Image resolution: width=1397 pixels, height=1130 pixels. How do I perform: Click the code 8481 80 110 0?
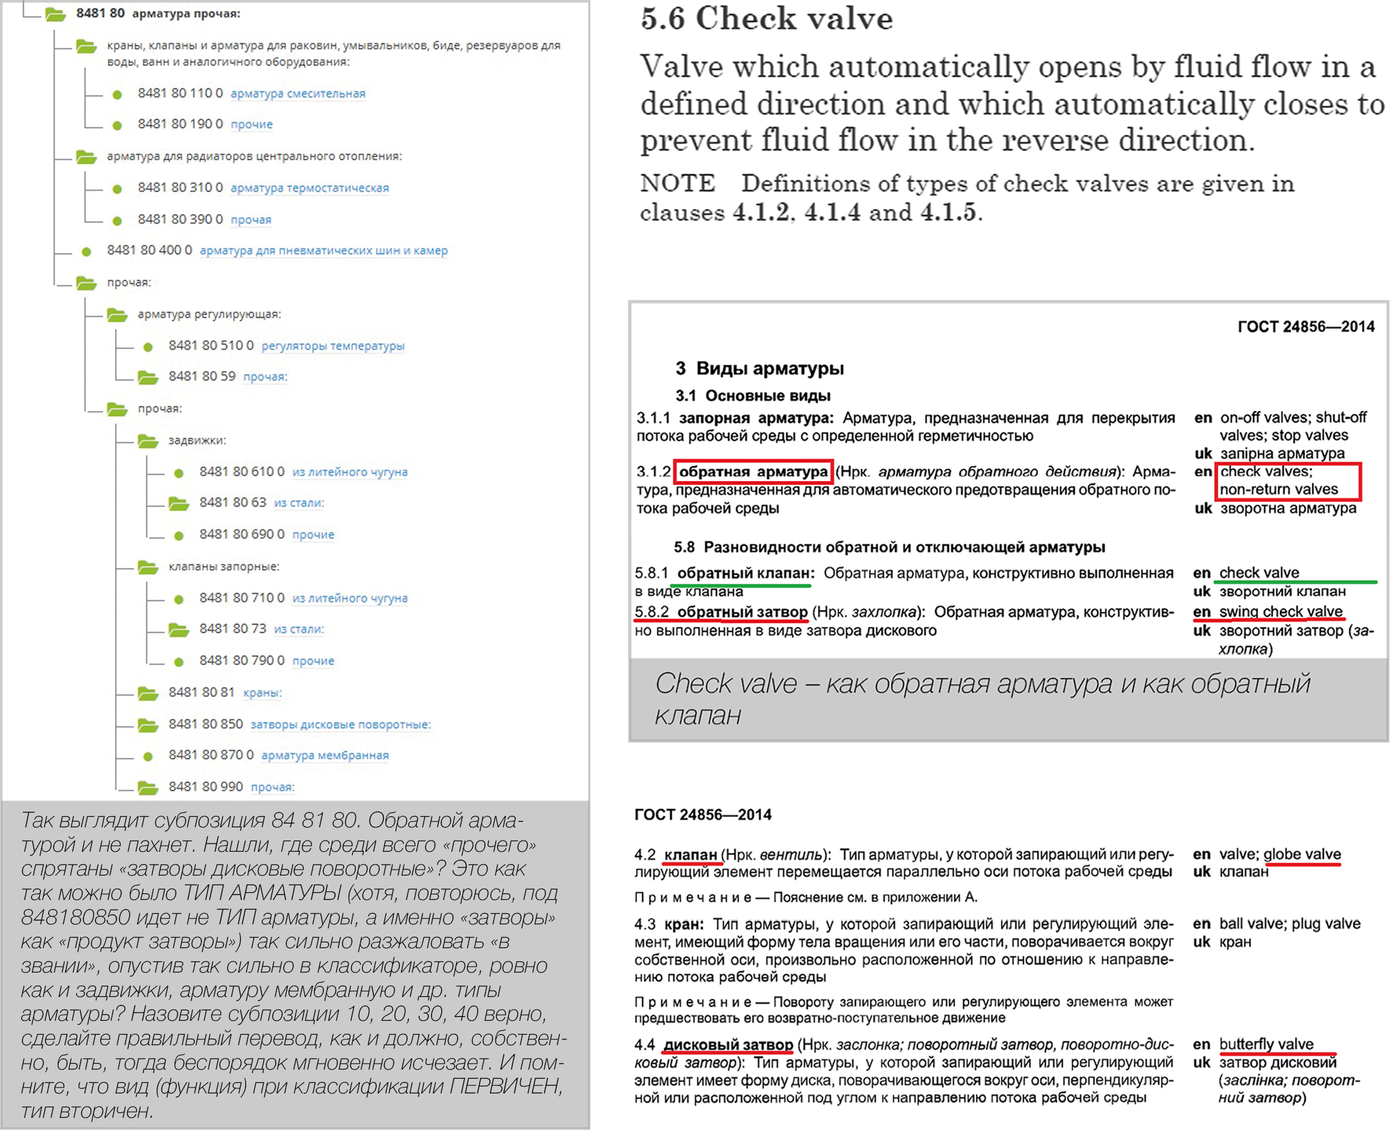(180, 93)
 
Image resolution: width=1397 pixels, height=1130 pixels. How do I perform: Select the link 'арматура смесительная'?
(298, 94)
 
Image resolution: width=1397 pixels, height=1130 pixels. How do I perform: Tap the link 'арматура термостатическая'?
(309, 188)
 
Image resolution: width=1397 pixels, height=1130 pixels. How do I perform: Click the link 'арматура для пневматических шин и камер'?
(324, 250)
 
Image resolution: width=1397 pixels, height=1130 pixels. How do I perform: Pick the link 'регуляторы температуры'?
(332, 346)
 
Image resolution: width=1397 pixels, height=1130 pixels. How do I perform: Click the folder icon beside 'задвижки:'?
(148, 441)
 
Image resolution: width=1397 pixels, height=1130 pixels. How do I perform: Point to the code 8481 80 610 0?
(242, 471)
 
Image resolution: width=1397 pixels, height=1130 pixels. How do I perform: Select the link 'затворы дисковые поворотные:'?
(341, 724)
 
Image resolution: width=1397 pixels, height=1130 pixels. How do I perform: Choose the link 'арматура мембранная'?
(325, 755)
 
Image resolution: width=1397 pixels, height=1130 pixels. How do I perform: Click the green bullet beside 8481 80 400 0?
(86, 251)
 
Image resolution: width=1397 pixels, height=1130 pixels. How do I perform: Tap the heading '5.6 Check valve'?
(766, 18)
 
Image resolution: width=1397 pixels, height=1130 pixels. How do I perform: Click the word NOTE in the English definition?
(677, 184)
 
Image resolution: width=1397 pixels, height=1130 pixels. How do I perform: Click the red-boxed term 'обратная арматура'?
(753, 471)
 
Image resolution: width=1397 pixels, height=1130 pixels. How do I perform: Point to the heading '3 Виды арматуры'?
(760, 368)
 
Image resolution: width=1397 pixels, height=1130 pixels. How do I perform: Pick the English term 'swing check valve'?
(1280, 612)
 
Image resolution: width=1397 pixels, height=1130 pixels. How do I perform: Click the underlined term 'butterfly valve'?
(1266, 1044)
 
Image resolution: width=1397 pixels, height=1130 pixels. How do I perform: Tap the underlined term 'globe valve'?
(1302, 854)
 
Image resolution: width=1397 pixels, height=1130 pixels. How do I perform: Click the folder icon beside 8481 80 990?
(148, 788)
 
